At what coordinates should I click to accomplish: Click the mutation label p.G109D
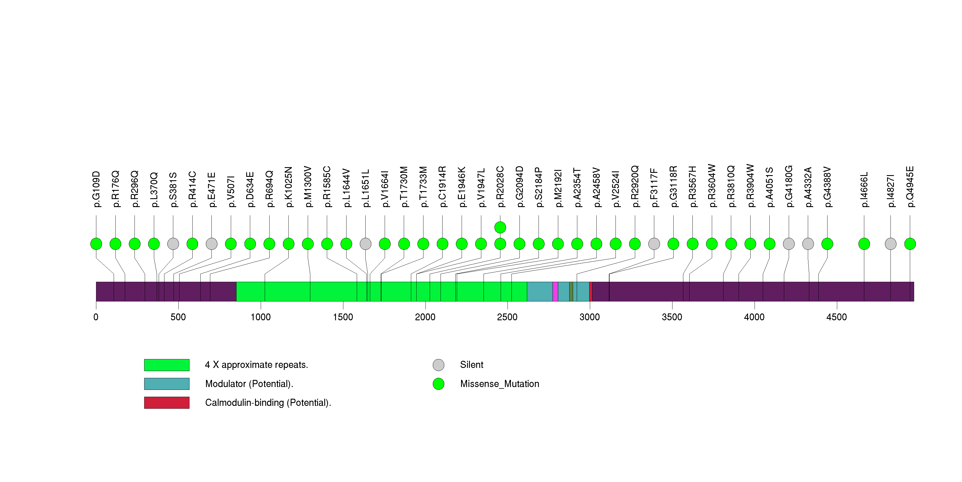click(96, 189)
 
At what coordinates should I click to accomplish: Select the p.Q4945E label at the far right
click(910, 187)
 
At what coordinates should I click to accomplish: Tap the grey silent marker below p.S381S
click(173, 244)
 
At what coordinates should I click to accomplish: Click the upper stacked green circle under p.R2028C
click(500, 227)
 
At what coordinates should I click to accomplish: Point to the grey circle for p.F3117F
click(654, 244)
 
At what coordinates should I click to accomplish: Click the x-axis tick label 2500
click(507, 317)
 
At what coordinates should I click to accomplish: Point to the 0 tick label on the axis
click(96, 317)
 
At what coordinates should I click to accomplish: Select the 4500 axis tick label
click(837, 317)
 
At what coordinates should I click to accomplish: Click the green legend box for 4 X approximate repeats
click(167, 365)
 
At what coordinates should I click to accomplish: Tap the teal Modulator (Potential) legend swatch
click(167, 384)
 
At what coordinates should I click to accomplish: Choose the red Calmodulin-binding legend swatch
click(167, 402)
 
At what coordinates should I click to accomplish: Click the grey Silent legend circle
click(439, 365)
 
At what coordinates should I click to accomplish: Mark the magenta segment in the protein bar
click(555, 291)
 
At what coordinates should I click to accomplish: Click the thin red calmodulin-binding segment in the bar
click(591, 291)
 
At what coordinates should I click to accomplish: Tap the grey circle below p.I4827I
click(891, 244)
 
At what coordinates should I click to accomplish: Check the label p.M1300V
click(308, 187)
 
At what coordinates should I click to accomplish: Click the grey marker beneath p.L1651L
click(366, 244)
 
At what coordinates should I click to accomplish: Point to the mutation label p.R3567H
click(693, 187)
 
